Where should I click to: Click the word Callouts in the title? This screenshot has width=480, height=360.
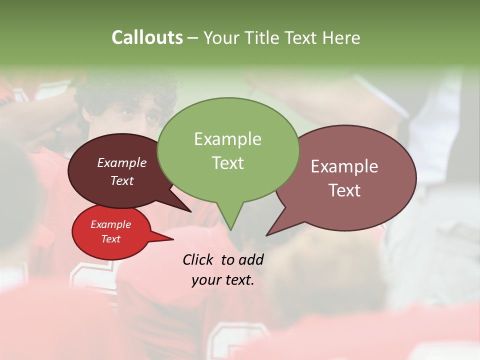pyautogui.click(x=147, y=37)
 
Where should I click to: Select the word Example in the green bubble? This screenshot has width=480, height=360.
pyautogui.click(x=227, y=139)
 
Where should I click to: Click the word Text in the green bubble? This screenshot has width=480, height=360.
pyautogui.click(x=227, y=163)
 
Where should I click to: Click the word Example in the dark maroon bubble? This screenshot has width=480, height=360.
pyautogui.click(x=121, y=163)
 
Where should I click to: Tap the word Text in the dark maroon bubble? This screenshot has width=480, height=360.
pyautogui.click(x=121, y=180)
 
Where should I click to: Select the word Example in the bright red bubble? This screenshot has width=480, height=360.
pyautogui.click(x=110, y=224)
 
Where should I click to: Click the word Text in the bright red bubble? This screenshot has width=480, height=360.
pyautogui.click(x=110, y=239)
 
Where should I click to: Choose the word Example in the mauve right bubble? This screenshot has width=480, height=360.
pyautogui.click(x=344, y=166)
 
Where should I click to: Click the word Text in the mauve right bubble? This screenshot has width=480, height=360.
pyautogui.click(x=344, y=190)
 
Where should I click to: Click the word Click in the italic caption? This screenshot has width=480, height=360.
pyautogui.click(x=198, y=259)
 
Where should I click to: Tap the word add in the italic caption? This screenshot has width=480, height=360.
pyautogui.click(x=251, y=259)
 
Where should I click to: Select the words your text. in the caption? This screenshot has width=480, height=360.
pyautogui.click(x=222, y=280)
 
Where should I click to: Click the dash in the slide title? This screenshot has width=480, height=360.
pyautogui.click(x=193, y=37)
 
